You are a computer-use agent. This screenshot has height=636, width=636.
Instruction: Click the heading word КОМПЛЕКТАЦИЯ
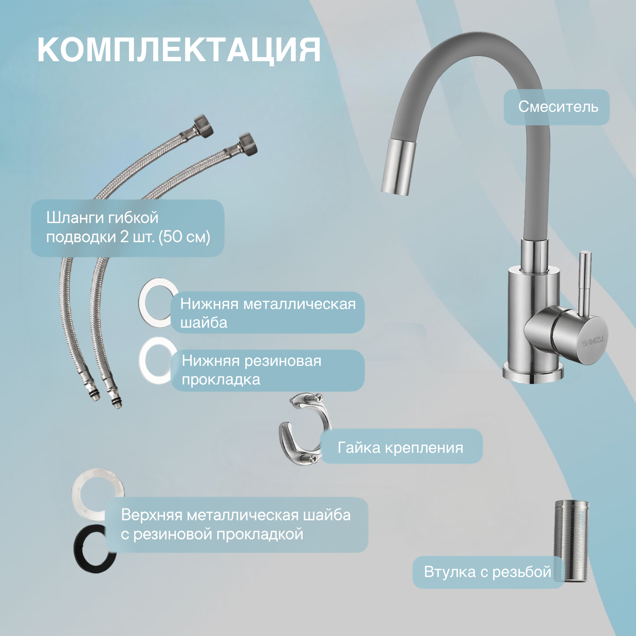pos(179,50)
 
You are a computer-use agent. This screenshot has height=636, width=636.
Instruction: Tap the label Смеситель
pos(558,107)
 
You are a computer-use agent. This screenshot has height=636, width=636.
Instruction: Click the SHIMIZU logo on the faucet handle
pos(593,342)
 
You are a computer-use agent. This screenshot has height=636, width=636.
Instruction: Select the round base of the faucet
pos(533,374)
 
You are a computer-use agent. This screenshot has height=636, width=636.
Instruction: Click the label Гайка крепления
pos(400,447)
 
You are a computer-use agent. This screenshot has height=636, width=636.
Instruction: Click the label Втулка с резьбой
pos(488,572)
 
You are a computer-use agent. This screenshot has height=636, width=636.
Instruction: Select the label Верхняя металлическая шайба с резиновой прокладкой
pos(236,525)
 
